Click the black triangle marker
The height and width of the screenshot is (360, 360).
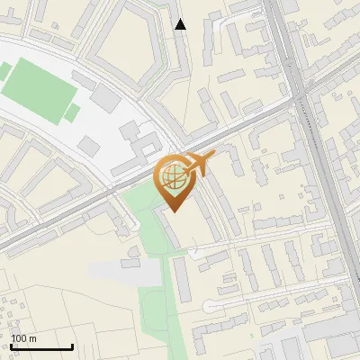click(x=181, y=24)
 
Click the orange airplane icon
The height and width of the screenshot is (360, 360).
click(x=197, y=166)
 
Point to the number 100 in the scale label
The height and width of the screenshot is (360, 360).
click(x=18, y=339)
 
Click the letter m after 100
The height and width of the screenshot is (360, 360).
click(x=32, y=339)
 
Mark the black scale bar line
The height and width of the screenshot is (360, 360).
click(x=41, y=347)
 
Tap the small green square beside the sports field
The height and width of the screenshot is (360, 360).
click(x=73, y=113)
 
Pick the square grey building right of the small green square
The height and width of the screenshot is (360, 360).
click(x=90, y=145)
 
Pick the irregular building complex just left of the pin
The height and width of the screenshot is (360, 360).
click(x=135, y=139)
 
